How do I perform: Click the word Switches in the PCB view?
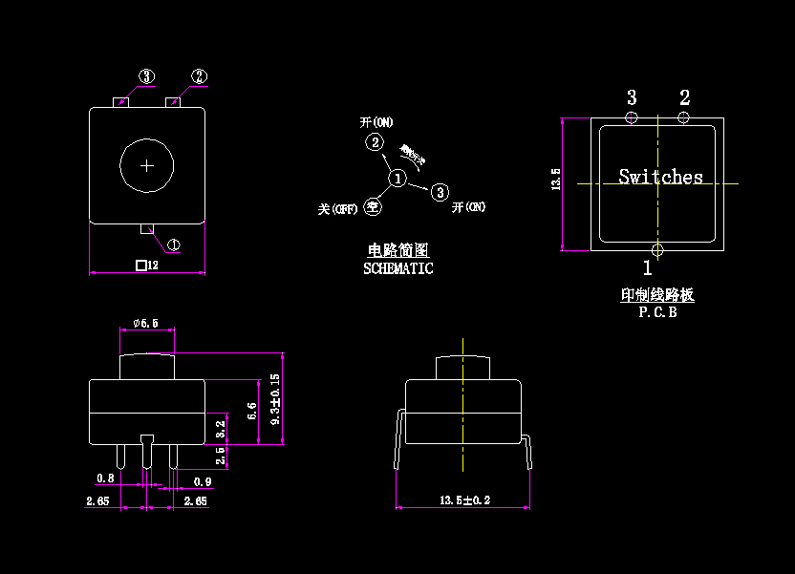[660, 177]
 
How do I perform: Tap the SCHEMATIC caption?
[397, 269]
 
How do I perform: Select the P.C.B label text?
[657, 311]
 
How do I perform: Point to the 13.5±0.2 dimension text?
[464, 500]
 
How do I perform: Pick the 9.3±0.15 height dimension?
[276, 406]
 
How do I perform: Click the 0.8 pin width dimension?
[105, 478]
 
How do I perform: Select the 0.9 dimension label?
[203, 481]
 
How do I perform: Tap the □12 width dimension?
[146, 266]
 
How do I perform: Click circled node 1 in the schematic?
[397, 179]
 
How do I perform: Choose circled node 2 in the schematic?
[376, 143]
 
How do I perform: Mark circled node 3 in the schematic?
[440, 192]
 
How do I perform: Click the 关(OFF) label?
[337, 208]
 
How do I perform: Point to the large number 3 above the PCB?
[632, 97]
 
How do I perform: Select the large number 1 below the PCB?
[647, 268]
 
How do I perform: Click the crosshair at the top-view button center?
[147, 165]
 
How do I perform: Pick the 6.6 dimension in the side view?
[252, 412]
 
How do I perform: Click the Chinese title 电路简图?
[397, 250]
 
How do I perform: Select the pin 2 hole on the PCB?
[683, 117]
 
